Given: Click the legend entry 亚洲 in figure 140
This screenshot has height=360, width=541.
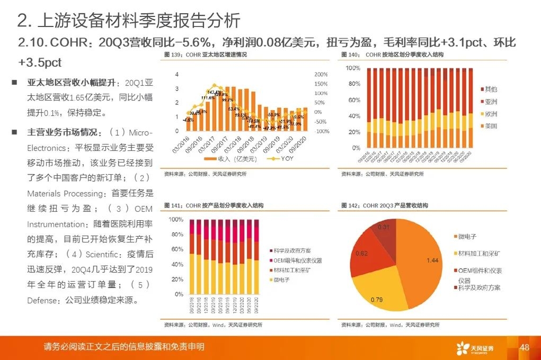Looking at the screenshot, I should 490,102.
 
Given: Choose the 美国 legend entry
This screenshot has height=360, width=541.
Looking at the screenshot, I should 490,126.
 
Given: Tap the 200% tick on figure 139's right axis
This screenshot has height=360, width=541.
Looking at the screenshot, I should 321,75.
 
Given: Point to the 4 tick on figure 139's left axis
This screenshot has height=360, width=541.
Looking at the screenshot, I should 177,75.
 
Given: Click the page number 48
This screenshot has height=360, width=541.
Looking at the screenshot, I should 525,347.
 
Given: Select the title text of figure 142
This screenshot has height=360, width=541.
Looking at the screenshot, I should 384,205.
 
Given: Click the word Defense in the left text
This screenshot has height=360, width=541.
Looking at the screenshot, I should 43,300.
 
